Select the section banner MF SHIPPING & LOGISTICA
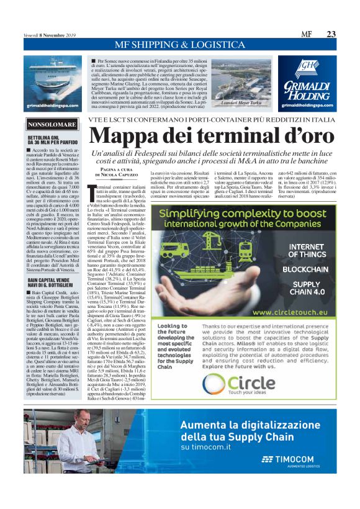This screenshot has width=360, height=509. click(179, 45)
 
